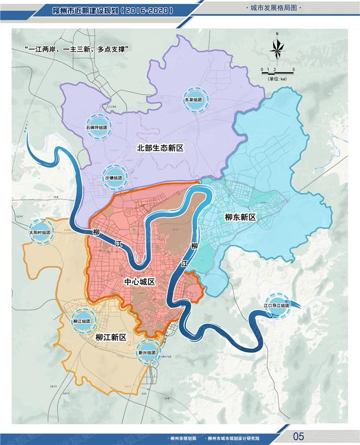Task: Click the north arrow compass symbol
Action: [277, 49]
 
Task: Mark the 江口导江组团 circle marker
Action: [277, 305]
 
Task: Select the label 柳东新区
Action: [240, 217]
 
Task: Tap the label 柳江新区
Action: [111, 338]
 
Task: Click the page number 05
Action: [298, 436]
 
